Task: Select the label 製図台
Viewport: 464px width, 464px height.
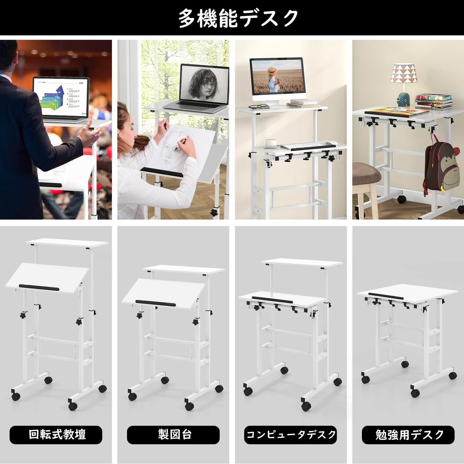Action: (173, 434)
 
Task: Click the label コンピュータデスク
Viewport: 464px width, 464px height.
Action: (290, 434)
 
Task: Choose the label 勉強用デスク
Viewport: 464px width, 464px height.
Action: (408, 434)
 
